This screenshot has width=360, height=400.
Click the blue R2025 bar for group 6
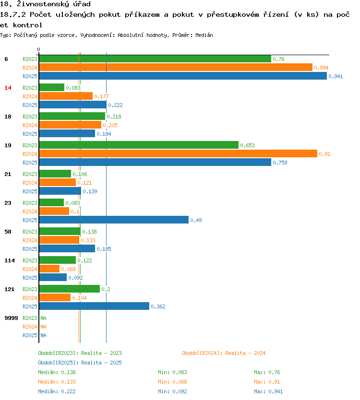pyautogui.click(x=182, y=76)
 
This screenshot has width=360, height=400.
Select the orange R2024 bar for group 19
pyautogui.click(x=178, y=153)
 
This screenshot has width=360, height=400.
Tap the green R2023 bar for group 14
pyautogui.click(x=51, y=87)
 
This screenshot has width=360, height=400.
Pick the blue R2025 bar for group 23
pyautogui.click(x=114, y=220)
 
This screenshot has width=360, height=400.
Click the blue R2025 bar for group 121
pyautogui.click(x=94, y=306)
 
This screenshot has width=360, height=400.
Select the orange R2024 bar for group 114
pyautogui.click(x=49, y=269)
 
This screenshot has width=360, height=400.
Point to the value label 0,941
pyautogui.click(x=336, y=76)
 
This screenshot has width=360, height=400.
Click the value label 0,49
pyautogui.click(x=195, y=220)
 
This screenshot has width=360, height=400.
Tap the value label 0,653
pyautogui.click(x=247, y=145)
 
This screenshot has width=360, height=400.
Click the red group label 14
pyautogui.click(x=8, y=88)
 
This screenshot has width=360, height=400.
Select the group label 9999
pyautogui.click(x=11, y=318)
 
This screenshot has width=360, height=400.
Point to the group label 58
pyautogui.click(x=8, y=232)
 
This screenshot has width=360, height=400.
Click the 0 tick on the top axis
pyautogui.click(x=38, y=49)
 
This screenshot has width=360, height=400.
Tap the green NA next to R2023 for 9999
pyautogui.click(x=43, y=318)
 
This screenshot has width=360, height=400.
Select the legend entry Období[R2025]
pyautogui.click(x=59, y=363)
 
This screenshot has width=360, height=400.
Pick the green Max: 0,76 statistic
pyautogui.click(x=267, y=372)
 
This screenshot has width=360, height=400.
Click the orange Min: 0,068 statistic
pyautogui.click(x=172, y=382)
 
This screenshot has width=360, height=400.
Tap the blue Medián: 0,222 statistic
pyautogui.click(x=57, y=391)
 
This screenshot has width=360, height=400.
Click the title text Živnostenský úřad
pyautogui.click(x=53, y=4)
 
